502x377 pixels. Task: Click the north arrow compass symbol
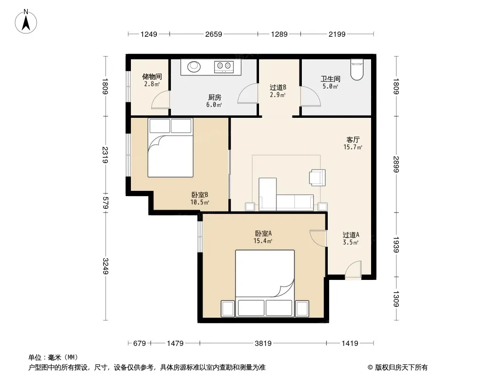coord(26,22)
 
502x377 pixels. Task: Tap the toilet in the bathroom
coord(356,69)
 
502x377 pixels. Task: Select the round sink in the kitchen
coord(194,66)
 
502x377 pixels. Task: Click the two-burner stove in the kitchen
coord(224,66)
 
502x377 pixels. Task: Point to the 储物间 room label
coord(152,76)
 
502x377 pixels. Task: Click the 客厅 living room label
coord(353,139)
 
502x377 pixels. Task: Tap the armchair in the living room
coord(317,178)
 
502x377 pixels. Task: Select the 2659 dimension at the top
coord(213,34)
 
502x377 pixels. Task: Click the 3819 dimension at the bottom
coord(263,344)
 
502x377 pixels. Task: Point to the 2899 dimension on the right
coord(396,164)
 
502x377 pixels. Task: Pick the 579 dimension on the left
coord(105,203)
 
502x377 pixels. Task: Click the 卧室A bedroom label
coord(263,233)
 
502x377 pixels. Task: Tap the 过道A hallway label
coord(351,235)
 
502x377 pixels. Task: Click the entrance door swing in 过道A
coord(354,269)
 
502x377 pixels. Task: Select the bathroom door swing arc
coord(310,96)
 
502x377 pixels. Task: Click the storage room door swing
coord(161,99)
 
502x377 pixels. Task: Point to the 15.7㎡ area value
coord(353,148)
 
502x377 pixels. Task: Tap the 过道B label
coord(278,87)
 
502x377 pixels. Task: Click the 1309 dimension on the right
coord(396,298)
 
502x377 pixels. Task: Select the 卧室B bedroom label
coord(200,195)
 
